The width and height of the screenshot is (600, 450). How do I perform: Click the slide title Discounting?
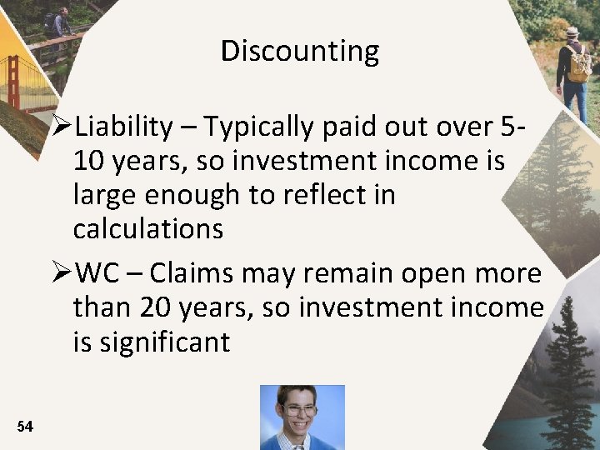click(x=300, y=52)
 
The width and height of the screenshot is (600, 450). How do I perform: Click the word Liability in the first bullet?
click(x=123, y=127)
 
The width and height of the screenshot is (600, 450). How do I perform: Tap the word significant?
click(x=163, y=342)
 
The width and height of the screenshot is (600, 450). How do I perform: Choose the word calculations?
click(x=148, y=229)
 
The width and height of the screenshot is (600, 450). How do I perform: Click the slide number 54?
click(x=25, y=427)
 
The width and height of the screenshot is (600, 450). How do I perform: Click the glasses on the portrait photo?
click(x=299, y=410)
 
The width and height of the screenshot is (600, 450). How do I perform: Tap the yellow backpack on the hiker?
click(x=578, y=65)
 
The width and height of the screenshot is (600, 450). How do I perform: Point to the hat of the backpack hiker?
click(x=572, y=32)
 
